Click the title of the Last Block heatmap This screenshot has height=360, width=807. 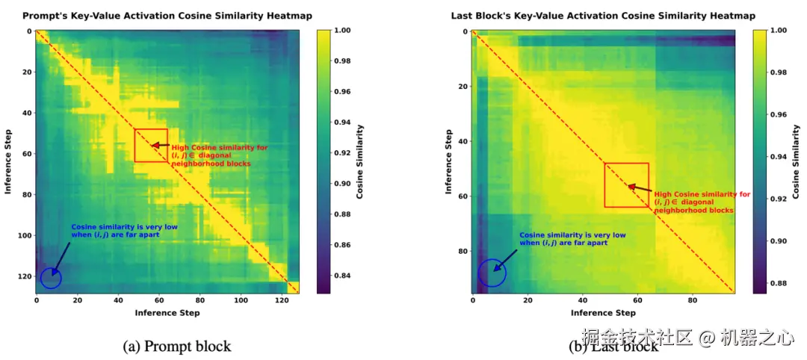point(603,16)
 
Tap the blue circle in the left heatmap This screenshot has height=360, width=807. point(51,279)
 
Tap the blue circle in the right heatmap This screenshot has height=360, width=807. point(492,273)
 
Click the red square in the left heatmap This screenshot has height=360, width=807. point(151,146)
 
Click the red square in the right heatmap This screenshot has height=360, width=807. point(626,184)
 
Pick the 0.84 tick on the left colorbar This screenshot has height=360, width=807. point(344,276)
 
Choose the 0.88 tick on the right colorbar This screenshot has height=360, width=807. point(779,283)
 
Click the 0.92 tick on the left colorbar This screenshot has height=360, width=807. point(344,153)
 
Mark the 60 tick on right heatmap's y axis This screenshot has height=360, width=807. point(462,196)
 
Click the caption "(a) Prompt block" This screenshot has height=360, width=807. point(176,346)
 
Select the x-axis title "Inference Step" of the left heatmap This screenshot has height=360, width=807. point(167,313)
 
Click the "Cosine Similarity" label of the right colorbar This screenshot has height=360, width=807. point(797,161)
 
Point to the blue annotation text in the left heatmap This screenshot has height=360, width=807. point(116,231)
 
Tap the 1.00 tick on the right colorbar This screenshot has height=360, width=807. point(779,31)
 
